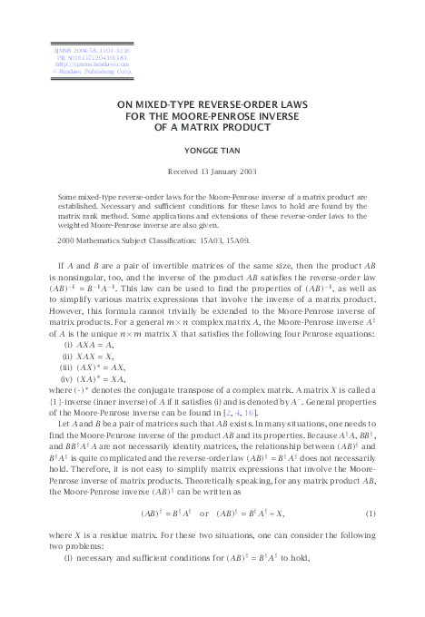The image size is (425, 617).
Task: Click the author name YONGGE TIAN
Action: point(212,149)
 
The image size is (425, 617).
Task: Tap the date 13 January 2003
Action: point(231,171)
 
